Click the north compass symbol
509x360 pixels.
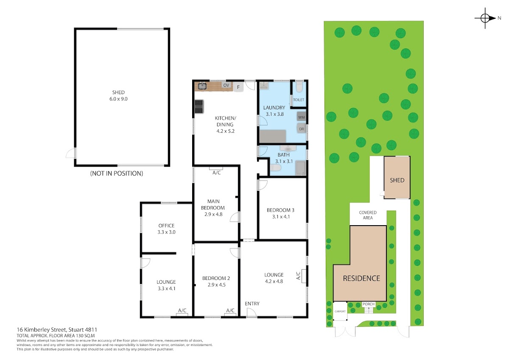click(x=485, y=18)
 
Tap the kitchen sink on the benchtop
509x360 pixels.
click(x=202, y=86)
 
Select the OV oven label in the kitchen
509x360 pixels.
click(x=226, y=85)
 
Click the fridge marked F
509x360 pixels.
click(x=238, y=87)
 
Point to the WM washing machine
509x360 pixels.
click(x=301, y=117)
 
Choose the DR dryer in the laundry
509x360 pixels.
click(x=301, y=129)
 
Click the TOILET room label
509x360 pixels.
click(x=298, y=100)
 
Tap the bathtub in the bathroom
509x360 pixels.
click(x=301, y=168)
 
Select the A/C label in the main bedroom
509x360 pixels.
click(x=216, y=173)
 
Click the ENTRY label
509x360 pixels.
click(x=252, y=304)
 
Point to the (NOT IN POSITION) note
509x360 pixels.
click(x=117, y=173)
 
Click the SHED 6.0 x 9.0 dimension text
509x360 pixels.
click(x=118, y=99)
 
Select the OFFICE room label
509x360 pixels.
click(x=166, y=226)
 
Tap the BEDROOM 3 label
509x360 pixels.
click(x=280, y=210)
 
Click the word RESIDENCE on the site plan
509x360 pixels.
click(x=361, y=278)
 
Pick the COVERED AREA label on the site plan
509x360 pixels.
click(x=368, y=215)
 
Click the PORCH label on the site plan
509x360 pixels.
click(x=368, y=304)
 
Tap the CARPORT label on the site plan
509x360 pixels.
click(x=340, y=311)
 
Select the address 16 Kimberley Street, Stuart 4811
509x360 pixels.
click(x=57, y=329)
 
